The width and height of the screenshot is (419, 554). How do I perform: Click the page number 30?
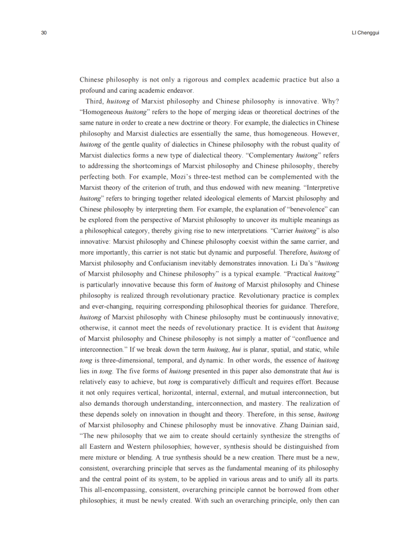[x=44, y=33]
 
